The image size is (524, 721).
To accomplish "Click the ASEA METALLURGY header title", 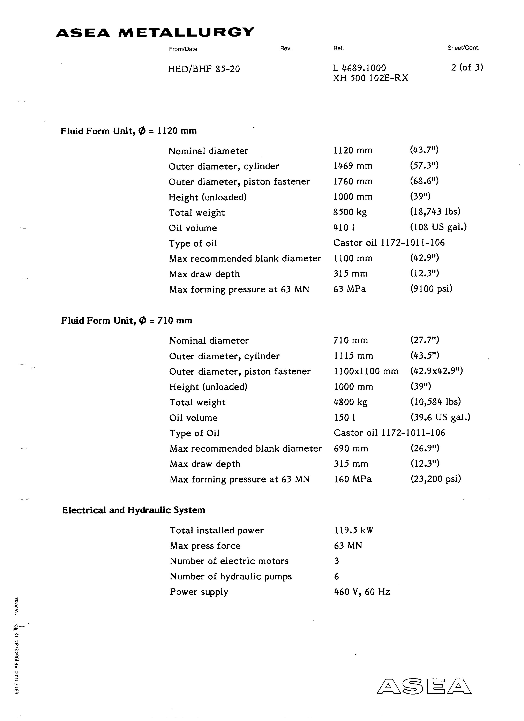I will click(x=155, y=32).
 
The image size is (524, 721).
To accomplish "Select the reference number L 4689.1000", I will click(x=359, y=68).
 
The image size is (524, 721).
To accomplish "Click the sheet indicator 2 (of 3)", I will click(x=467, y=67).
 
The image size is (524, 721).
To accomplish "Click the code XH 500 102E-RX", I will click(x=370, y=78).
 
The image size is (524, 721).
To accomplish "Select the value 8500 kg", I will click(x=350, y=212).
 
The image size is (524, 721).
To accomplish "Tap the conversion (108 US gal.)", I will click(x=438, y=227).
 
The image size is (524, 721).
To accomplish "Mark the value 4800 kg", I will click(x=350, y=402).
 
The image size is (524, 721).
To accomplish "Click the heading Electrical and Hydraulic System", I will click(x=134, y=510).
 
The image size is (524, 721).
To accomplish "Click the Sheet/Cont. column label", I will click(x=463, y=48).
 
